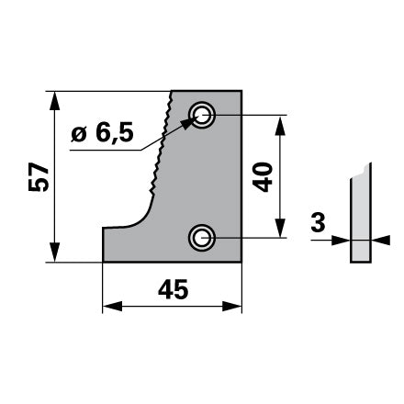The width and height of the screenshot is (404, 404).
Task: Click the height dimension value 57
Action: pos(39,177)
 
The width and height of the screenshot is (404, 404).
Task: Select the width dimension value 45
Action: pos(173,289)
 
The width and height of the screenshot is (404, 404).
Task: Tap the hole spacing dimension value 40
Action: pos(263,177)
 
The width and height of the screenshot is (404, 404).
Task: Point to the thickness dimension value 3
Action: pos(318,222)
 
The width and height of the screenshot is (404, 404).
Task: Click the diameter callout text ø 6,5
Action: pos(103,133)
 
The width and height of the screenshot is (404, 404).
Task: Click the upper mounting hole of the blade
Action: pos(202,116)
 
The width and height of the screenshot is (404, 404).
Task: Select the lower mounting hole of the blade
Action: pos(202,238)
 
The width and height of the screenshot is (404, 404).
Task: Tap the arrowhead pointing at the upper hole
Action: pos(187,123)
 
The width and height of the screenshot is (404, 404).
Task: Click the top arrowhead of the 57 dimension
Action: pos(54,101)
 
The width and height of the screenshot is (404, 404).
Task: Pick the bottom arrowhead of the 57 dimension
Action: pos(54,252)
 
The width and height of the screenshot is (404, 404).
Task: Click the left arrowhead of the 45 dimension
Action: pos(112,306)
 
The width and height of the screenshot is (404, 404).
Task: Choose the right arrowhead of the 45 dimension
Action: pos(232,306)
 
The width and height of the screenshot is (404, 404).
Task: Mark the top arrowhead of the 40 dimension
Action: pos(280,125)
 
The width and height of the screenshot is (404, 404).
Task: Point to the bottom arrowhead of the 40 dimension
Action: pos(280,229)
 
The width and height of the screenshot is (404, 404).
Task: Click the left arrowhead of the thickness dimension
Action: pos(341,240)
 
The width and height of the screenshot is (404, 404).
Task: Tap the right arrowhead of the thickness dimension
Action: pos(381,240)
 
